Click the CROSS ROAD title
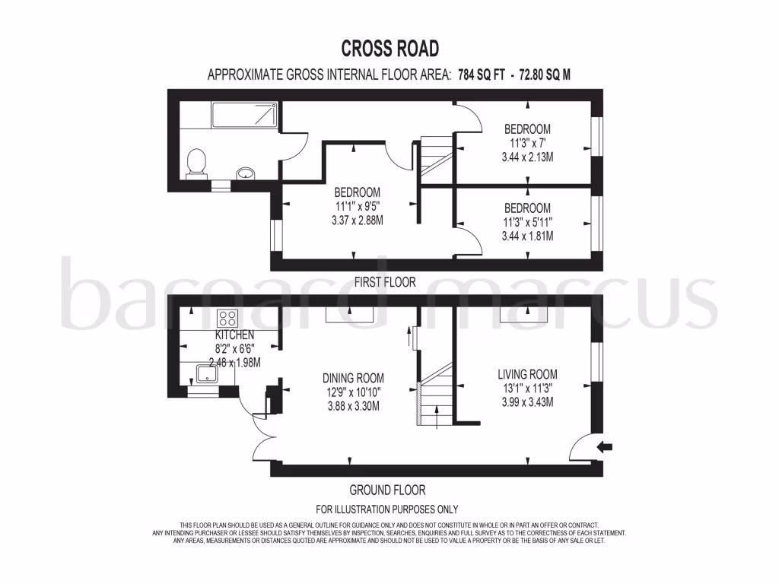tap(389, 49)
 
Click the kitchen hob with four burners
tap(227, 319)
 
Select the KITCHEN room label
tap(234, 335)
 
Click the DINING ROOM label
tap(353, 378)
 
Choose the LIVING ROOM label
tap(527, 374)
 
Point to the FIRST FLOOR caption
tap(385, 282)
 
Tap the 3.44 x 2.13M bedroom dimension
tap(527, 157)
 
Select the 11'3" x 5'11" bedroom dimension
tap(527, 222)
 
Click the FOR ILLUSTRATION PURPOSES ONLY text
tap(386, 509)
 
